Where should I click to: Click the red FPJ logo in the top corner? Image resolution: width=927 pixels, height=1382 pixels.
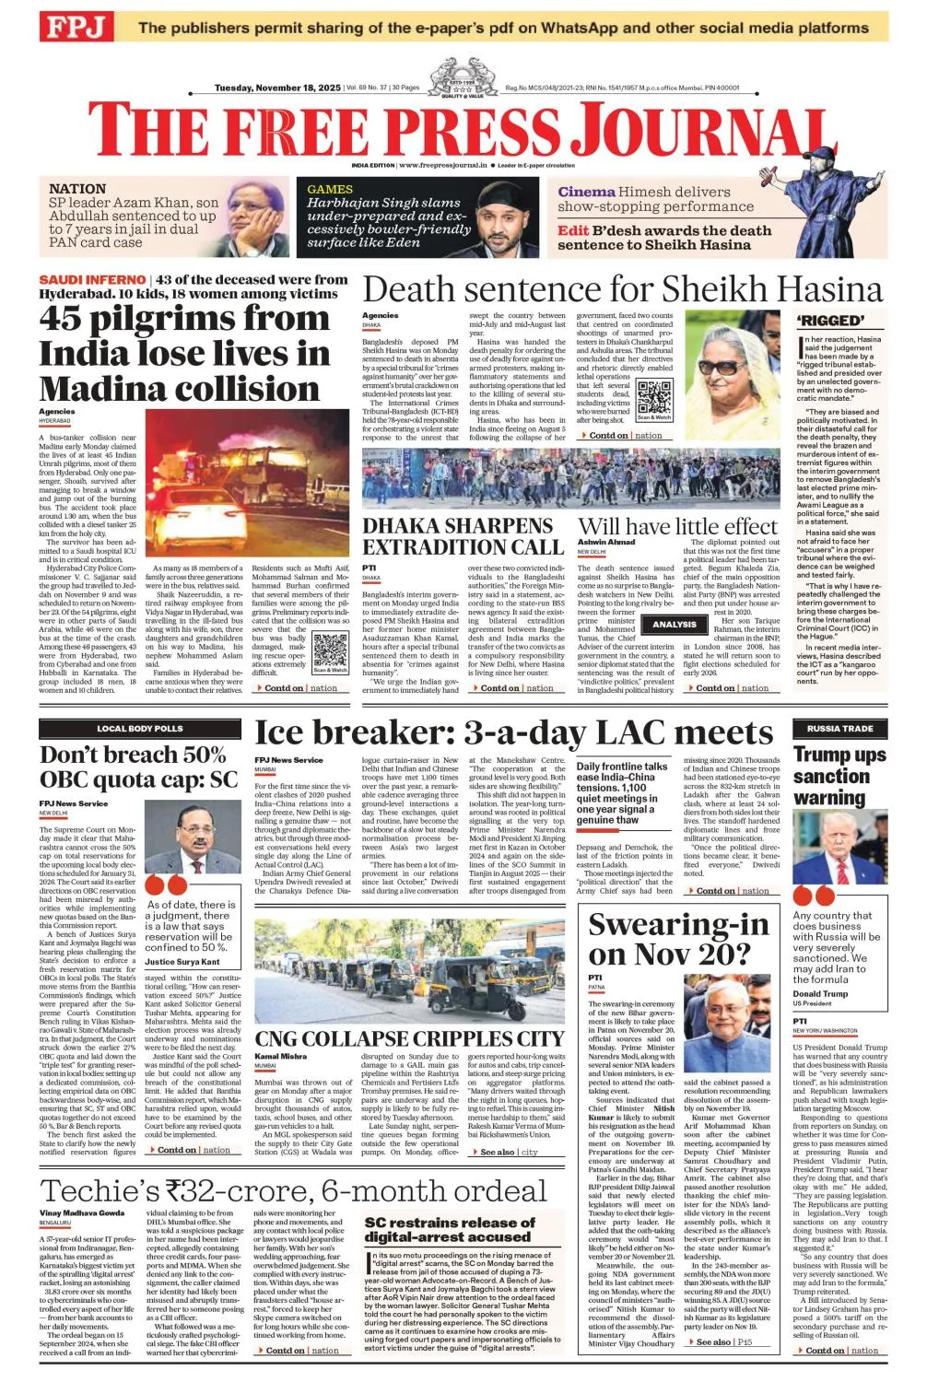click(x=75, y=27)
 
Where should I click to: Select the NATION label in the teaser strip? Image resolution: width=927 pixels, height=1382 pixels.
click(x=77, y=189)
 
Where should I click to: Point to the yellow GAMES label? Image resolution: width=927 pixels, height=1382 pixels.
click(x=330, y=189)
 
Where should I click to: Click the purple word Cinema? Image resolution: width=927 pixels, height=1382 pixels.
click(x=586, y=192)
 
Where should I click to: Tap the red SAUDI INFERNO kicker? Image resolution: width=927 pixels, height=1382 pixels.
click(x=91, y=279)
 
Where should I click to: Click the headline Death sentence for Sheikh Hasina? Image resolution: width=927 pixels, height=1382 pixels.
click(x=622, y=289)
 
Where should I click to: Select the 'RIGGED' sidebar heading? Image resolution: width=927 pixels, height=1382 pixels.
click(x=830, y=321)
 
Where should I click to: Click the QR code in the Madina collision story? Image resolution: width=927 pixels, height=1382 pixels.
click(x=330, y=650)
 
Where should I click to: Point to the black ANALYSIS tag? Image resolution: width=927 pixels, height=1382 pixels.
click(x=675, y=625)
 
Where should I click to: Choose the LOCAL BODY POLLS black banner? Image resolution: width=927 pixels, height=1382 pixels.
click(x=140, y=729)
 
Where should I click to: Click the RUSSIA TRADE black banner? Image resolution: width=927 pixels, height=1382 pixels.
click(x=839, y=729)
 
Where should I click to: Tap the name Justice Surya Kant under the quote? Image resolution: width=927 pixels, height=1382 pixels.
click(x=182, y=962)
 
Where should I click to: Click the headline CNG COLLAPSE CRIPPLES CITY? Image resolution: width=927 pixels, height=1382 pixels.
click(x=409, y=1039)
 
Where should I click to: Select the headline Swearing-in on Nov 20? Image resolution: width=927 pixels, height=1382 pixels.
click(x=678, y=938)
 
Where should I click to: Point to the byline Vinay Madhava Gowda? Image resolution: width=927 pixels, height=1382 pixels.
click(x=82, y=1213)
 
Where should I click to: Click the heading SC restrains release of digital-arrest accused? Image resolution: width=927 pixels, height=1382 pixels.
click(x=450, y=1229)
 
